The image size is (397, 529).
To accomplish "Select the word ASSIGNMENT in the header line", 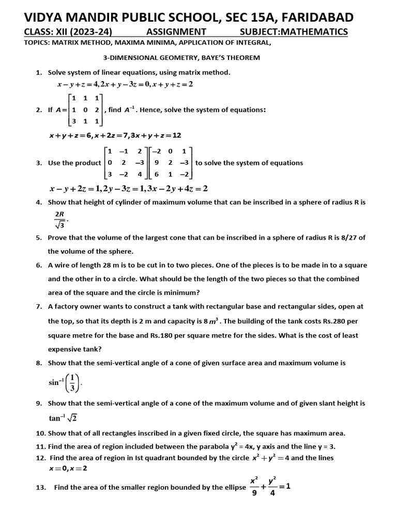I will (176, 32).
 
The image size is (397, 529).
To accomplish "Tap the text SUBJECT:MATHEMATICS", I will (294, 32).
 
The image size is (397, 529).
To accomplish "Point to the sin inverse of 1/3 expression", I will (65, 383).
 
